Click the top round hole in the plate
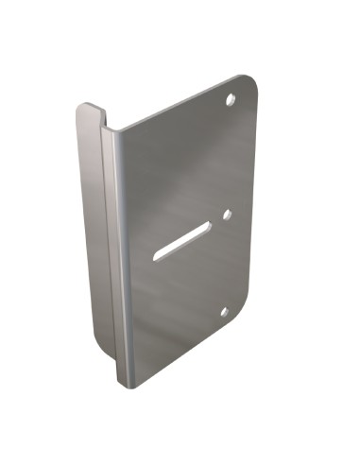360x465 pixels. coord(230,99)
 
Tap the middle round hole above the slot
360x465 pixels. coord(227,215)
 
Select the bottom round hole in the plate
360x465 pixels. coord(225,311)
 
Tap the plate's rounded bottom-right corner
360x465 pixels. coord(246,317)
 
